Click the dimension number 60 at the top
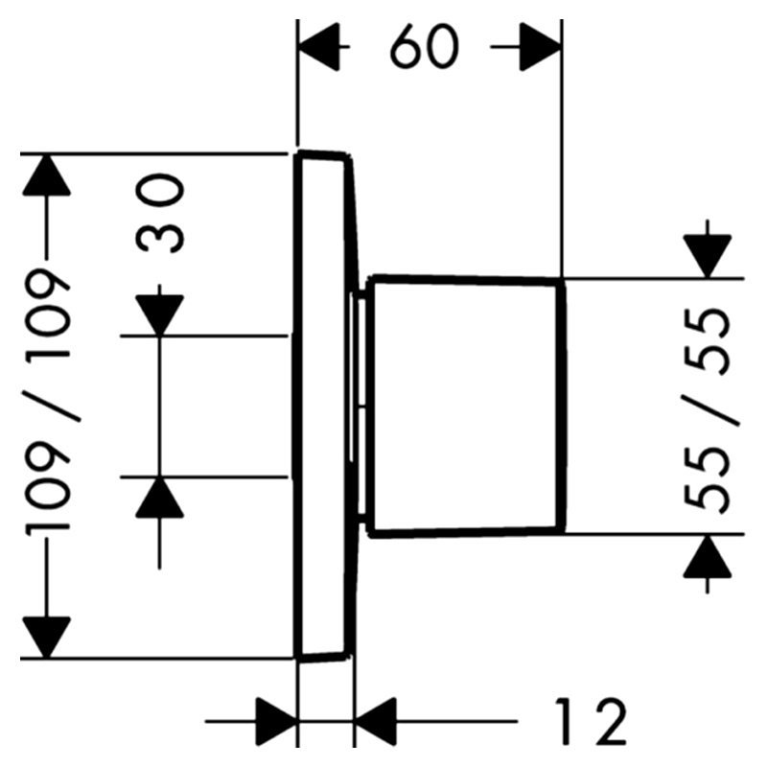[x=424, y=47]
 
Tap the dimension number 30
[x=159, y=214]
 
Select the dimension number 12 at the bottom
[x=591, y=721]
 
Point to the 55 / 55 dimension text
[x=709, y=410]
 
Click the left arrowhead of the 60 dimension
[x=319, y=47]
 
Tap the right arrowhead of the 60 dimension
[x=540, y=47]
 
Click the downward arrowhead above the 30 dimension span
[x=159, y=315]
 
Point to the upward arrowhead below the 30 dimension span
[x=159, y=497]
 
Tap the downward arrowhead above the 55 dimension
[x=708, y=257]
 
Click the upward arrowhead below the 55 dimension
[x=708, y=556]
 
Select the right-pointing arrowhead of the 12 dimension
[x=276, y=721]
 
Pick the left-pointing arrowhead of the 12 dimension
[x=375, y=721]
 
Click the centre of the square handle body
[x=467, y=407]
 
